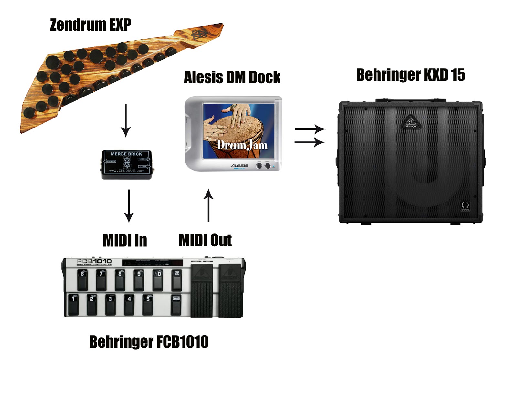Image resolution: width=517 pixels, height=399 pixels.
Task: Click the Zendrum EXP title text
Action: pos(90,25)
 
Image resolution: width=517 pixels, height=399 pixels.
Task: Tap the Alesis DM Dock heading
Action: pos(232,77)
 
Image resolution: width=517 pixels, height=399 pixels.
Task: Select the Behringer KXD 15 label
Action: pos(410,75)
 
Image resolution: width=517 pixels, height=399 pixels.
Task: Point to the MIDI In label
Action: pos(125,240)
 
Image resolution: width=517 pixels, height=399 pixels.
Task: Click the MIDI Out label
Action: pos(205,240)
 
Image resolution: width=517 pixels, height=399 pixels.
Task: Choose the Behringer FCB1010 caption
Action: pos(149,342)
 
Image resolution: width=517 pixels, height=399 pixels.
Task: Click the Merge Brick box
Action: pos(127,164)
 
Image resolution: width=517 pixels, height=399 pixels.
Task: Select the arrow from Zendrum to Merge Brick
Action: pos(126,120)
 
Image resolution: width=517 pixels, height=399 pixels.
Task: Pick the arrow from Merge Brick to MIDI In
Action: pos(129,206)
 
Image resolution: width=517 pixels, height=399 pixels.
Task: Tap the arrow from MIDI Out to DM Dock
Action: pos(209,206)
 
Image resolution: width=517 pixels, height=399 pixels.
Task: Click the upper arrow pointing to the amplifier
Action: pos(310,129)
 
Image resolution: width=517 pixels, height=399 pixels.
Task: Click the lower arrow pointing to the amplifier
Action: pos(309,142)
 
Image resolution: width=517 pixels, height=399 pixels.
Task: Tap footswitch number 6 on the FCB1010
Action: pos(82,280)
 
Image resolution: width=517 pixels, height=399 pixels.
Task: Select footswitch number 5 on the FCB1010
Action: pos(148,304)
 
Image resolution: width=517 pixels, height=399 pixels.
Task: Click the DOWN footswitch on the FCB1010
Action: pos(176,304)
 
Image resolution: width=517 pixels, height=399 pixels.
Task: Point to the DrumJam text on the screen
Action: pos(242,145)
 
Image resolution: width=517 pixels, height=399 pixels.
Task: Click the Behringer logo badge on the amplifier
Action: pos(410,122)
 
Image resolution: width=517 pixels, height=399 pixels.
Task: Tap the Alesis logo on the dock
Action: pos(239,166)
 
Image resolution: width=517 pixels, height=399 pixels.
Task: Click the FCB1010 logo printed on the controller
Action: pos(94,261)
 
